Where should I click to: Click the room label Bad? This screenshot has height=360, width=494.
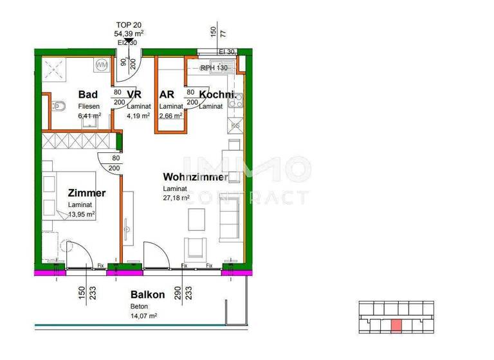87,94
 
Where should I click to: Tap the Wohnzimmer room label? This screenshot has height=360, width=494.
195,177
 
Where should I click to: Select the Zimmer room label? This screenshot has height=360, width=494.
86,192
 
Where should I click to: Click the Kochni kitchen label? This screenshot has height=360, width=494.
215,94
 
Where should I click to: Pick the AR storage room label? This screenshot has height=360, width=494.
167,94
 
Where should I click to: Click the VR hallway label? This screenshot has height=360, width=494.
134,94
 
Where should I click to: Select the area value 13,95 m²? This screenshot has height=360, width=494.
82,214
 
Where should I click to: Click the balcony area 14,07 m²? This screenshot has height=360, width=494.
144,316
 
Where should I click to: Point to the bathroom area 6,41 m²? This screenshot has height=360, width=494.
90,116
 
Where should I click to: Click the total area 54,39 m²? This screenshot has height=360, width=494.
129,33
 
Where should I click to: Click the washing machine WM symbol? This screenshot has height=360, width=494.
102,65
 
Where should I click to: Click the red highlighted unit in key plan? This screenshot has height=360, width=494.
396,326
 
